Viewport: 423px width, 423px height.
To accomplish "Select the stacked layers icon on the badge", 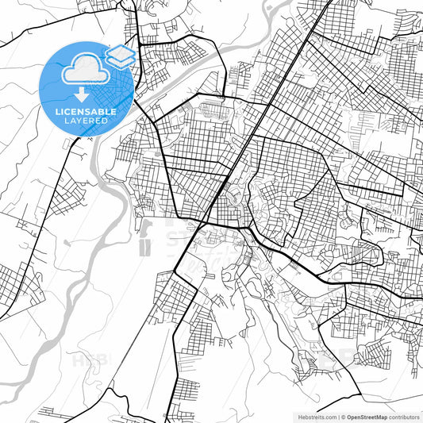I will tap(120, 56).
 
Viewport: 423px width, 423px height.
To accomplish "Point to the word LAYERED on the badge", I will tap(83, 121).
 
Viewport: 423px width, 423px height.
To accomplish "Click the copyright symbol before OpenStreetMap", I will tap(343, 416).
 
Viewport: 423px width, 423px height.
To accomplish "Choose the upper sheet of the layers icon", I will tap(120, 52).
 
